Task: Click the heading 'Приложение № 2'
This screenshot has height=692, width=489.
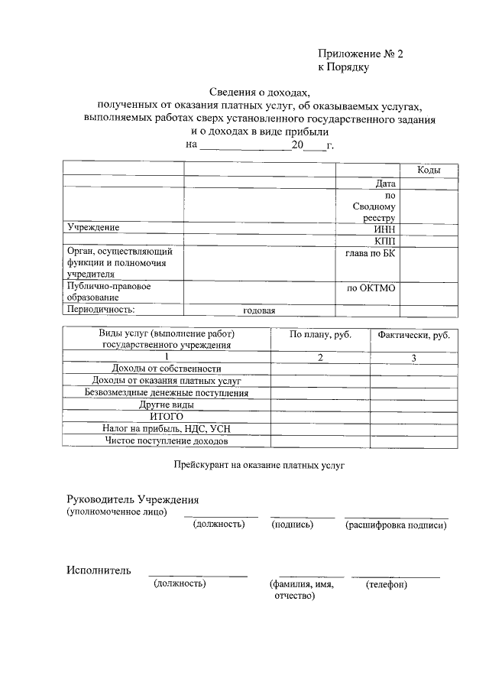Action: [359, 54]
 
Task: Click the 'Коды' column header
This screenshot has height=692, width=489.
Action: [428, 170]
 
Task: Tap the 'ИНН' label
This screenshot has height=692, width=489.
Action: [384, 229]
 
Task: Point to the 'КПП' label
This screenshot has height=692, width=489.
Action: [385, 241]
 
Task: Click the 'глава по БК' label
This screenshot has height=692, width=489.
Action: [371, 253]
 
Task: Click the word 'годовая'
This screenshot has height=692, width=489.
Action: [259, 311]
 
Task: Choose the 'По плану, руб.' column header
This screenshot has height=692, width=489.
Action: [319, 336]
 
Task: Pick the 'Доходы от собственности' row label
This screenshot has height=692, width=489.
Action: [166, 369]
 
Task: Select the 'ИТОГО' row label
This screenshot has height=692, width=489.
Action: [166, 417]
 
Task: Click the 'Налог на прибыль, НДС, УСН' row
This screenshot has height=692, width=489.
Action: [166, 430]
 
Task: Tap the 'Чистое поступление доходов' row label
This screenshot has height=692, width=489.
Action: [166, 442]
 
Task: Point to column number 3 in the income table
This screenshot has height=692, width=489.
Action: [413, 357]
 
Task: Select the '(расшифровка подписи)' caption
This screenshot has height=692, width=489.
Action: [395, 525]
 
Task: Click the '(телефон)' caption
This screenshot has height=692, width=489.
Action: [386, 585]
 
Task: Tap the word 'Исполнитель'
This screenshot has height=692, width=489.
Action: [98, 570]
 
